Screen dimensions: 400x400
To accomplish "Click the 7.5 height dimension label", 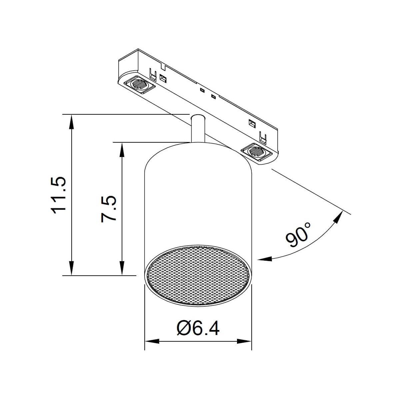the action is pos(109,209).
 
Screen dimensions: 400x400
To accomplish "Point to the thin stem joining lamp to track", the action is pos(198,129).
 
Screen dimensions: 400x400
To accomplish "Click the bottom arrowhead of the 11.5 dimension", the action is pos(71,268).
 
